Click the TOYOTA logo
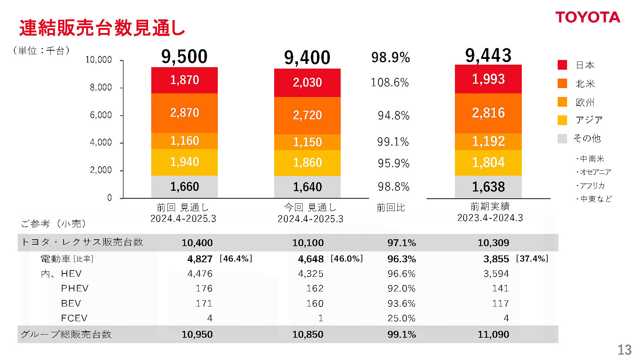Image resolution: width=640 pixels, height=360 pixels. [x=588, y=17]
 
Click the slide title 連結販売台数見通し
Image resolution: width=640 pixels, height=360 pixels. [x=102, y=28]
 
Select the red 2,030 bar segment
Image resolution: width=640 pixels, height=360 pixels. [x=307, y=83]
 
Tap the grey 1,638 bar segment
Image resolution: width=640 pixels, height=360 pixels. [x=488, y=187]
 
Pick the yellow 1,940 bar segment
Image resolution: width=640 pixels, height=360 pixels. [x=184, y=162]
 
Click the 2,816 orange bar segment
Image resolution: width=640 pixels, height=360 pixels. [x=488, y=113]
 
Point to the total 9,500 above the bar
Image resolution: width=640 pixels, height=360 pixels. [x=184, y=57]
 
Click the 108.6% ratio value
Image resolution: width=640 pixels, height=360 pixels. [x=390, y=83]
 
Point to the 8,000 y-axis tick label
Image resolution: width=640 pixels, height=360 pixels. [x=101, y=87]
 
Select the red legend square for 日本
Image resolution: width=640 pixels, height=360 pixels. [x=562, y=65]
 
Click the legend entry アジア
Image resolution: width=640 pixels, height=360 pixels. [x=589, y=120]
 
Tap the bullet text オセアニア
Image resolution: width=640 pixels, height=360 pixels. [x=595, y=172]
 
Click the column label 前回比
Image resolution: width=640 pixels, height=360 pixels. [x=391, y=208]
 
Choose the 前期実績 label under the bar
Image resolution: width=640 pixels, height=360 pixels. [x=490, y=206]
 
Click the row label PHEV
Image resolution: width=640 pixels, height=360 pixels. [x=75, y=288]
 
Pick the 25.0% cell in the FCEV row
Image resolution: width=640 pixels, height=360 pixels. [x=401, y=318]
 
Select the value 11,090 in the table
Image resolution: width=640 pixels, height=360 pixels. [x=493, y=334]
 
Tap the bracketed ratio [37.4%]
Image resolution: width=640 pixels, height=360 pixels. [x=532, y=259]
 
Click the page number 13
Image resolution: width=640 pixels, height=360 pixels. [x=624, y=350]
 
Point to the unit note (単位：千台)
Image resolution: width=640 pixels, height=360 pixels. [x=41, y=51]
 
